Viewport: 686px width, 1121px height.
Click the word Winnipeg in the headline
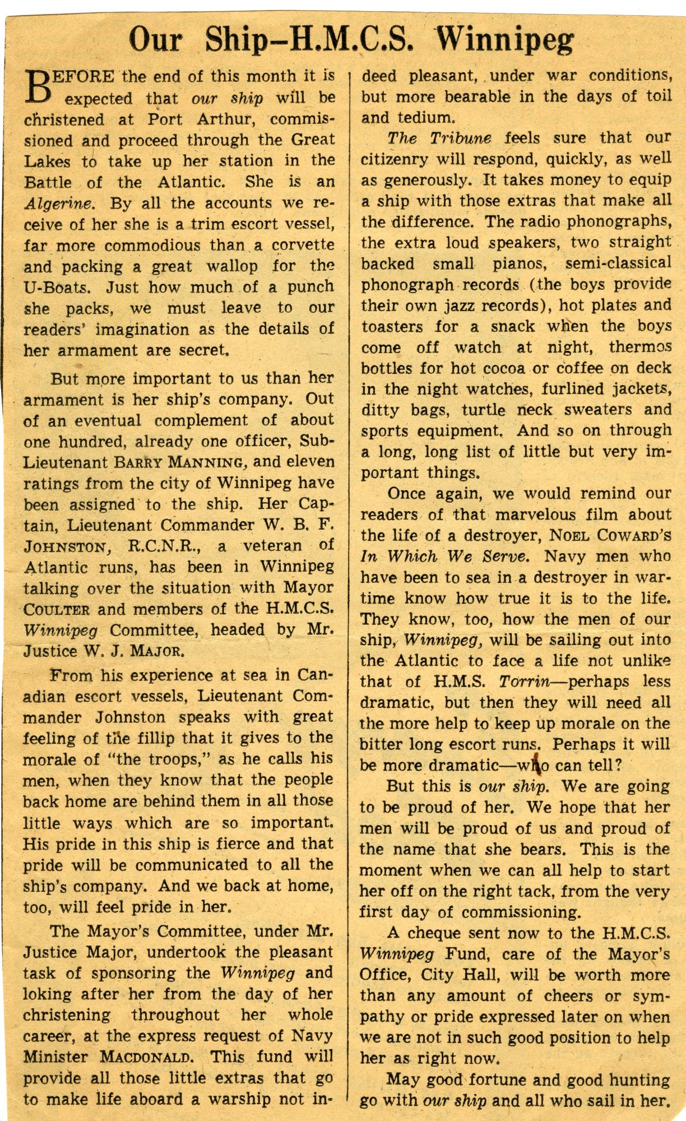click(505, 40)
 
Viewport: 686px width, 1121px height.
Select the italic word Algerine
click(61, 203)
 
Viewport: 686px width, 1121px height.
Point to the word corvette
click(303, 245)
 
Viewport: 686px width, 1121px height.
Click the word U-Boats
click(57, 288)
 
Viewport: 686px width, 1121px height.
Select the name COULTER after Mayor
click(56, 610)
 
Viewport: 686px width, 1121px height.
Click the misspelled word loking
click(47, 994)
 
